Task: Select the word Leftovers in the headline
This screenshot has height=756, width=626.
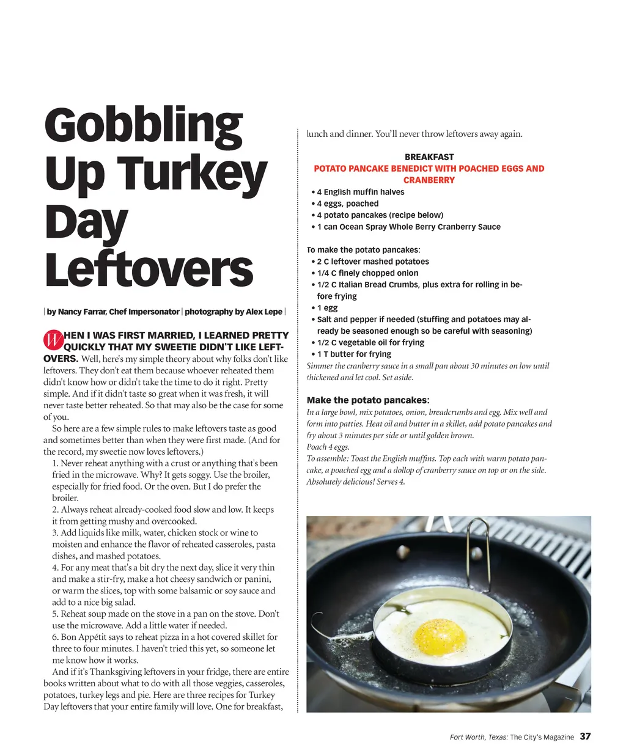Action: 149,270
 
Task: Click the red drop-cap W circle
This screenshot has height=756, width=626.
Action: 53,340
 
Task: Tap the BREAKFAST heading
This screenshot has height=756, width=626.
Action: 429,157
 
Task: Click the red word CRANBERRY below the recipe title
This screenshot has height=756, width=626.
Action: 429,180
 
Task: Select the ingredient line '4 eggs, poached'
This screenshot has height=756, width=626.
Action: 347,204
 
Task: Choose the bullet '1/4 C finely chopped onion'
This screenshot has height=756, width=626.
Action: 367,273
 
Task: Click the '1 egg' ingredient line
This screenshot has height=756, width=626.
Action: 327,308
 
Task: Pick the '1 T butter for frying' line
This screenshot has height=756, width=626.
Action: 354,354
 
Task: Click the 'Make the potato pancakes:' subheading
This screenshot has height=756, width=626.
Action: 368,400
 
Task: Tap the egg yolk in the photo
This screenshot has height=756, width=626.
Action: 441,636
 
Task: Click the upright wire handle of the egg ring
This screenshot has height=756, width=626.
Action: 479,549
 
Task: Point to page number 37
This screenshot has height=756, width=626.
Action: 586,736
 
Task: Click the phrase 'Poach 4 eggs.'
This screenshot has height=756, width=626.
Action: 328,447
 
